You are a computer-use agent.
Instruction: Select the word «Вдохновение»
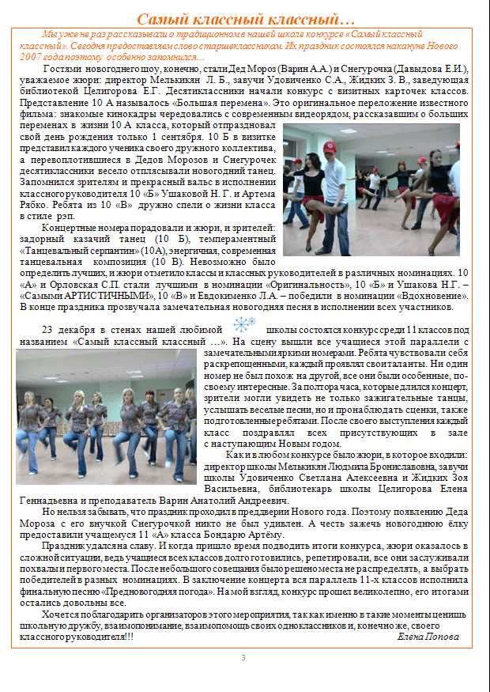click(x=420, y=295)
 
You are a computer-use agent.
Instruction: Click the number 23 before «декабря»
click(x=47, y=329)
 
